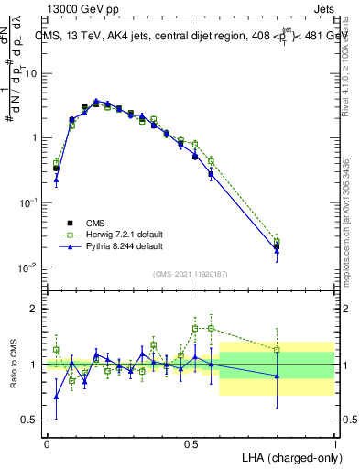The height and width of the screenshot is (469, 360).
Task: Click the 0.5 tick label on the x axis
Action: point(191,443)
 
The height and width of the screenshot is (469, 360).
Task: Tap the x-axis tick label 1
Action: point(335,443)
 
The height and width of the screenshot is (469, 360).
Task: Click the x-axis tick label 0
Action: point(47,443)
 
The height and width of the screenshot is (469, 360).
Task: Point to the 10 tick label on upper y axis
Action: point(30,73)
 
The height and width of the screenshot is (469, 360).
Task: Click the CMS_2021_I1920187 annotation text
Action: point(191,273)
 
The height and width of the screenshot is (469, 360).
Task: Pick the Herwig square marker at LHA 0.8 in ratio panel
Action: point(277,349)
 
